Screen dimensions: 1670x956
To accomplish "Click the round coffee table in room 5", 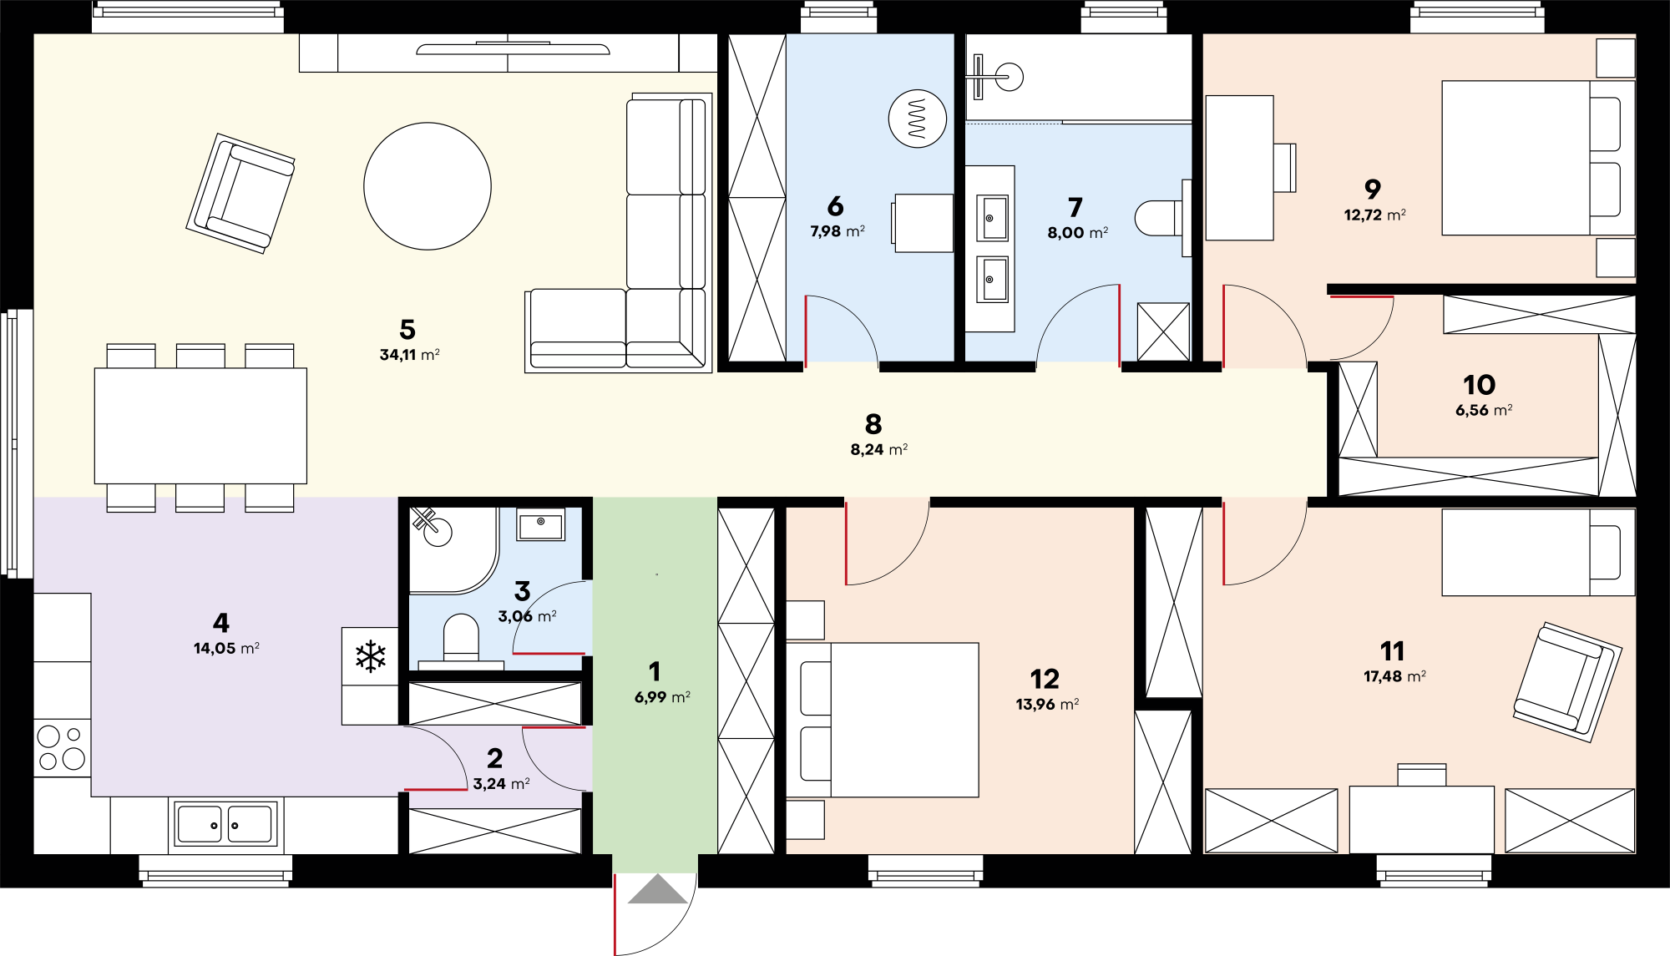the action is click(428, 186).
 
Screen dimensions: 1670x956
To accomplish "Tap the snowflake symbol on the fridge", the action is click(371, 656).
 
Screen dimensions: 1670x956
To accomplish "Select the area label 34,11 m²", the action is click(410, 355).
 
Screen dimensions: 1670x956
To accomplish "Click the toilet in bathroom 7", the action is click(1161, 218).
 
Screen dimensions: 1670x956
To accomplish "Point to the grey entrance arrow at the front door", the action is click(658, 889).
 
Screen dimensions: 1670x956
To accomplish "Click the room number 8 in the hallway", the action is click(873, 424).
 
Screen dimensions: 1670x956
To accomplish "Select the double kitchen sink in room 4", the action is click(225, 824).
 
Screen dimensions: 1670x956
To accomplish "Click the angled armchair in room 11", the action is click(1567, 682).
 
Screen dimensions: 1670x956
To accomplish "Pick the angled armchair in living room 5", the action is click(240, 194).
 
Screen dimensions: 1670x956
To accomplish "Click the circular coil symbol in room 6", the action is click(917, 119).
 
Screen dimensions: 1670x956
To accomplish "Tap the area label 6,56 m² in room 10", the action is click(1484, 411).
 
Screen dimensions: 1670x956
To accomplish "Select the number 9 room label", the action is click(1373, 190).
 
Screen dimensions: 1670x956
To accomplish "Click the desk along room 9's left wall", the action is click(1240, 168).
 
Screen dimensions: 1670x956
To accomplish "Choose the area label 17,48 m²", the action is click(1394, 677).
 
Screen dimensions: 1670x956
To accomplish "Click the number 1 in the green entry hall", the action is click(655, 671).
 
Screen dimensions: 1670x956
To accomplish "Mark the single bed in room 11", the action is click(1538, 552).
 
